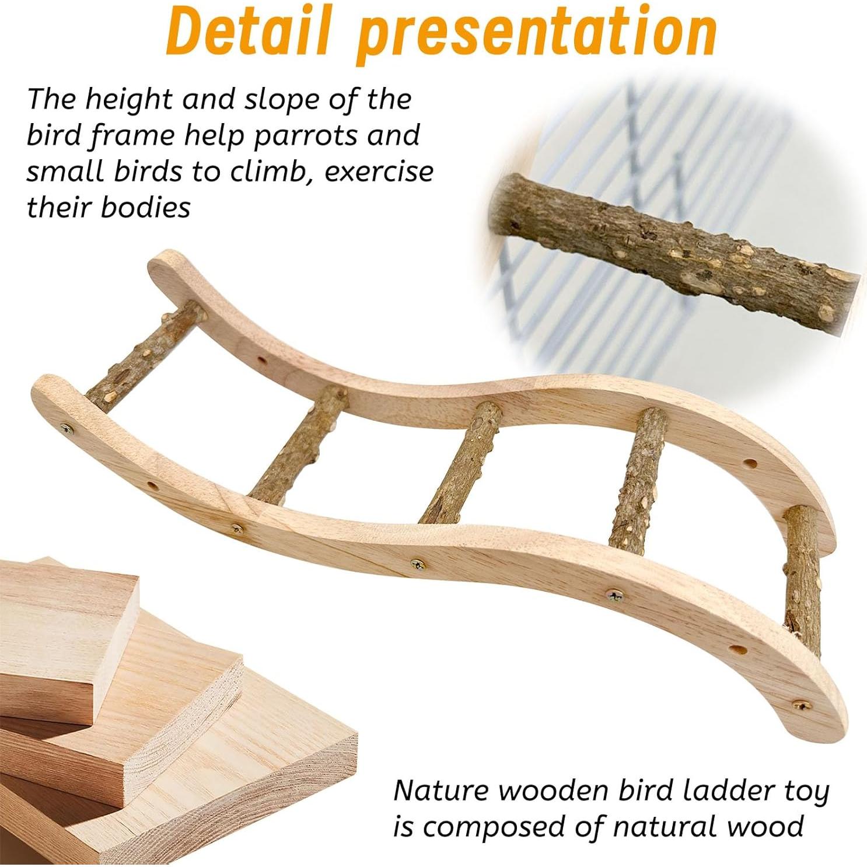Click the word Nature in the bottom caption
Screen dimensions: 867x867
point(442,791)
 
